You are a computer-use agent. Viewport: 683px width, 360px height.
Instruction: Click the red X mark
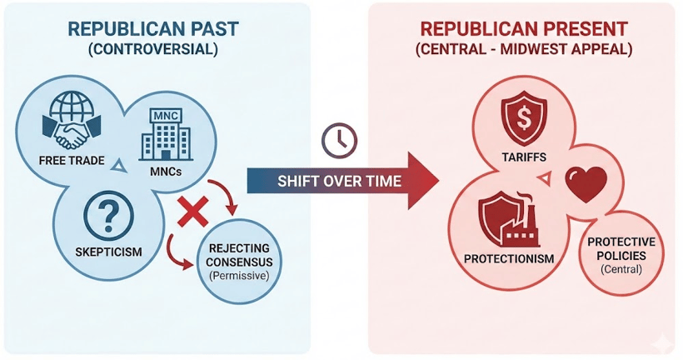click(x=193, y=212)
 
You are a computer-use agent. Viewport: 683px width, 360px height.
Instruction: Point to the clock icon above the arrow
click(x=339, y=140)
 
